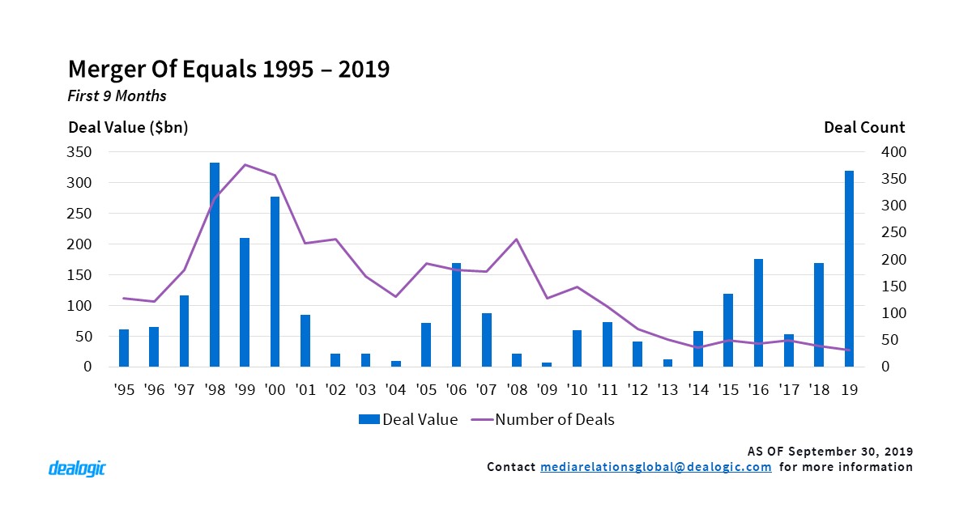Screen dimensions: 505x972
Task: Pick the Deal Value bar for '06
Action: (x=457, y=315)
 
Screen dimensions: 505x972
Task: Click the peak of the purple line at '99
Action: (x=245, y=165)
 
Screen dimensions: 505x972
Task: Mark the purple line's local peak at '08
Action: (x=517, y=240)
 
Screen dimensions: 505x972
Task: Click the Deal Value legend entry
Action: (x=410, y=419)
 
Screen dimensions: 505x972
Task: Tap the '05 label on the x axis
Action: (x=426, y=390)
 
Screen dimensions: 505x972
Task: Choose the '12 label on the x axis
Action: (x=637, y=390)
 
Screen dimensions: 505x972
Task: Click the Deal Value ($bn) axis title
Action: (x=128, y=128)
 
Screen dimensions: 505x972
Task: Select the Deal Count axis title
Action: (x=864, y=128)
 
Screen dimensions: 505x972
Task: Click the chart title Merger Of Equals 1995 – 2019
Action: (x=228, y=69)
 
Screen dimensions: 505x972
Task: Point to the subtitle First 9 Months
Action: (x=117, y=96)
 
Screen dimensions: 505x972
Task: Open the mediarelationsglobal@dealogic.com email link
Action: (x=655, y=467)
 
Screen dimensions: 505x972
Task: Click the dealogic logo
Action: (x=77, y=468)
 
